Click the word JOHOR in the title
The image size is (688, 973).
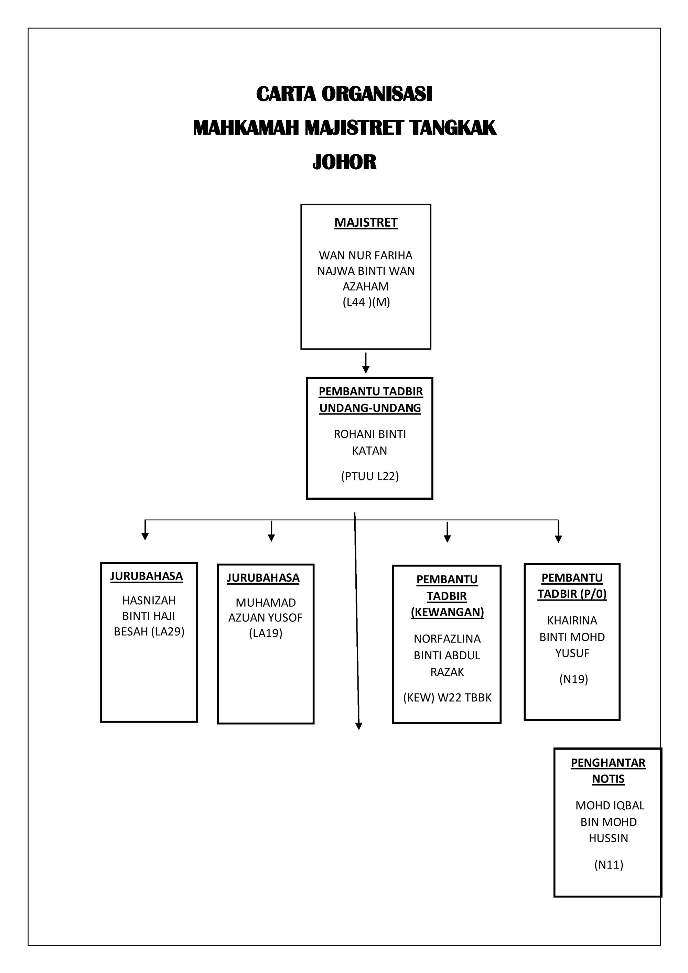coord(344,162)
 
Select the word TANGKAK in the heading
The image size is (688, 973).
coord(453,128)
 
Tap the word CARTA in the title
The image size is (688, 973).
coord(286,94)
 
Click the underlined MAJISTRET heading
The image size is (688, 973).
coord(366,223)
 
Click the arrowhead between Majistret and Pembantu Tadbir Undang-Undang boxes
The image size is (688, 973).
coord(366,369)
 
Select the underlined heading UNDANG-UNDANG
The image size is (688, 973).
coord(370,408)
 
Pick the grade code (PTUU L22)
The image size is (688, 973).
coord(370,476)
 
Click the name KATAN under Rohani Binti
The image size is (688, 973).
coord(370,451)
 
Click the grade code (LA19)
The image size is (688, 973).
coord(266,633)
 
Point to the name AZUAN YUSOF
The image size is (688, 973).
coord(265,617)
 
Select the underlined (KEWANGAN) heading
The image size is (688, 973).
coord(447,612)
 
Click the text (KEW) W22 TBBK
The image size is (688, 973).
coord(447,698)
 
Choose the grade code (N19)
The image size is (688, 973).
coord(573,679)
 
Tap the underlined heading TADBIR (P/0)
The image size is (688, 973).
coord(572,594)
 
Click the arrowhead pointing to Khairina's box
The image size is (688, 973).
coord(559,539)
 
